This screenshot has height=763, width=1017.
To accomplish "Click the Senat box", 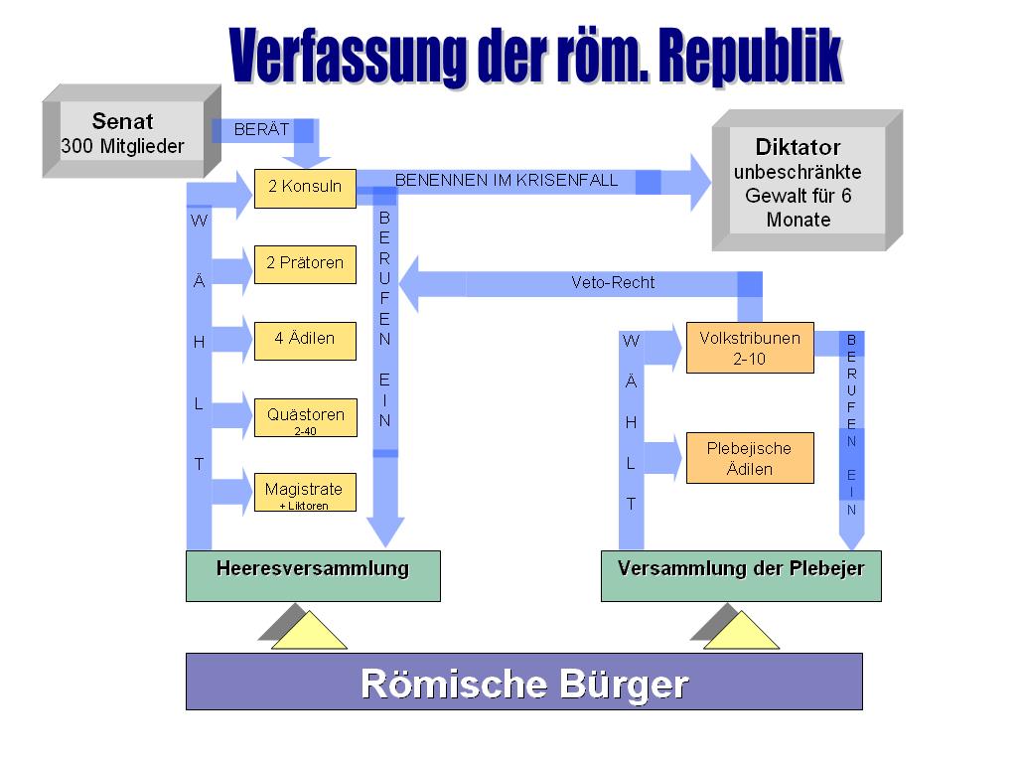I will click(123, 134).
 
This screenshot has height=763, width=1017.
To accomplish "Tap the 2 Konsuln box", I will click(305, 187).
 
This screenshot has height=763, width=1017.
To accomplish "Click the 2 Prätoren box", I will click(305, 263).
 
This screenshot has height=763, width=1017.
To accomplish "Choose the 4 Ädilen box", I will click(305, 340).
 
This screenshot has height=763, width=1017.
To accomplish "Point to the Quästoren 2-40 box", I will click(305, 417).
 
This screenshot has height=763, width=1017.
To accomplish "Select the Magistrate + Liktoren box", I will click(305, 493).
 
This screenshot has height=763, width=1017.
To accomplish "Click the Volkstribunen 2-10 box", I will click(750, 348).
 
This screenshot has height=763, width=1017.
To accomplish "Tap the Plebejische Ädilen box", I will click(750, 458).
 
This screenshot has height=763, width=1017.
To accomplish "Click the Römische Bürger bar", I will click(523, 682).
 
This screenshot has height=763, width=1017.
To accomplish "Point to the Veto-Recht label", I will click(613, 282).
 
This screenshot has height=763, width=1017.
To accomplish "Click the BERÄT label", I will click(261, 129).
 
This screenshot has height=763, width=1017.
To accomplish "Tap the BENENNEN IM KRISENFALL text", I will click(507, 180).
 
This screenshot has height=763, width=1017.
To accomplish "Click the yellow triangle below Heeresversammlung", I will click(309, 633).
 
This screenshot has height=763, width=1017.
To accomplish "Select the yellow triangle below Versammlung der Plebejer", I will click(741, 633).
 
